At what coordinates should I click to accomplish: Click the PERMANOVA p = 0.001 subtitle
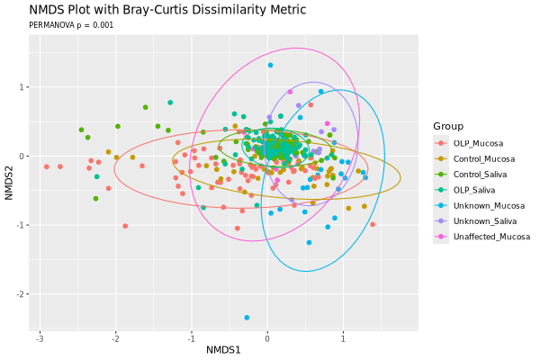point(71,25)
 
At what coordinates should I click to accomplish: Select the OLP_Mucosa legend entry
point(478,143)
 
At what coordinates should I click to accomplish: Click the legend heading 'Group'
point(447,125)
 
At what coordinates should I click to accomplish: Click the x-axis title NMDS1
point(223,349)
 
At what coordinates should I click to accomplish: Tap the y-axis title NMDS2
point(9,176)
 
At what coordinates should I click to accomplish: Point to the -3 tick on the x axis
point(40,337)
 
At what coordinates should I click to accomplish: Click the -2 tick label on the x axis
point(115,337)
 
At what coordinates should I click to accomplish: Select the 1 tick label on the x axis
point(343,337)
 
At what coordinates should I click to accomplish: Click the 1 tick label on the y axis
point(22,87)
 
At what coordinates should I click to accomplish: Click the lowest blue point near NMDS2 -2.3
point(247,318)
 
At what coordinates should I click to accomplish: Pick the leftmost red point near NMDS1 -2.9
point(47,166)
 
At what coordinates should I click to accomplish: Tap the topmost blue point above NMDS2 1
point(270,65)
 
